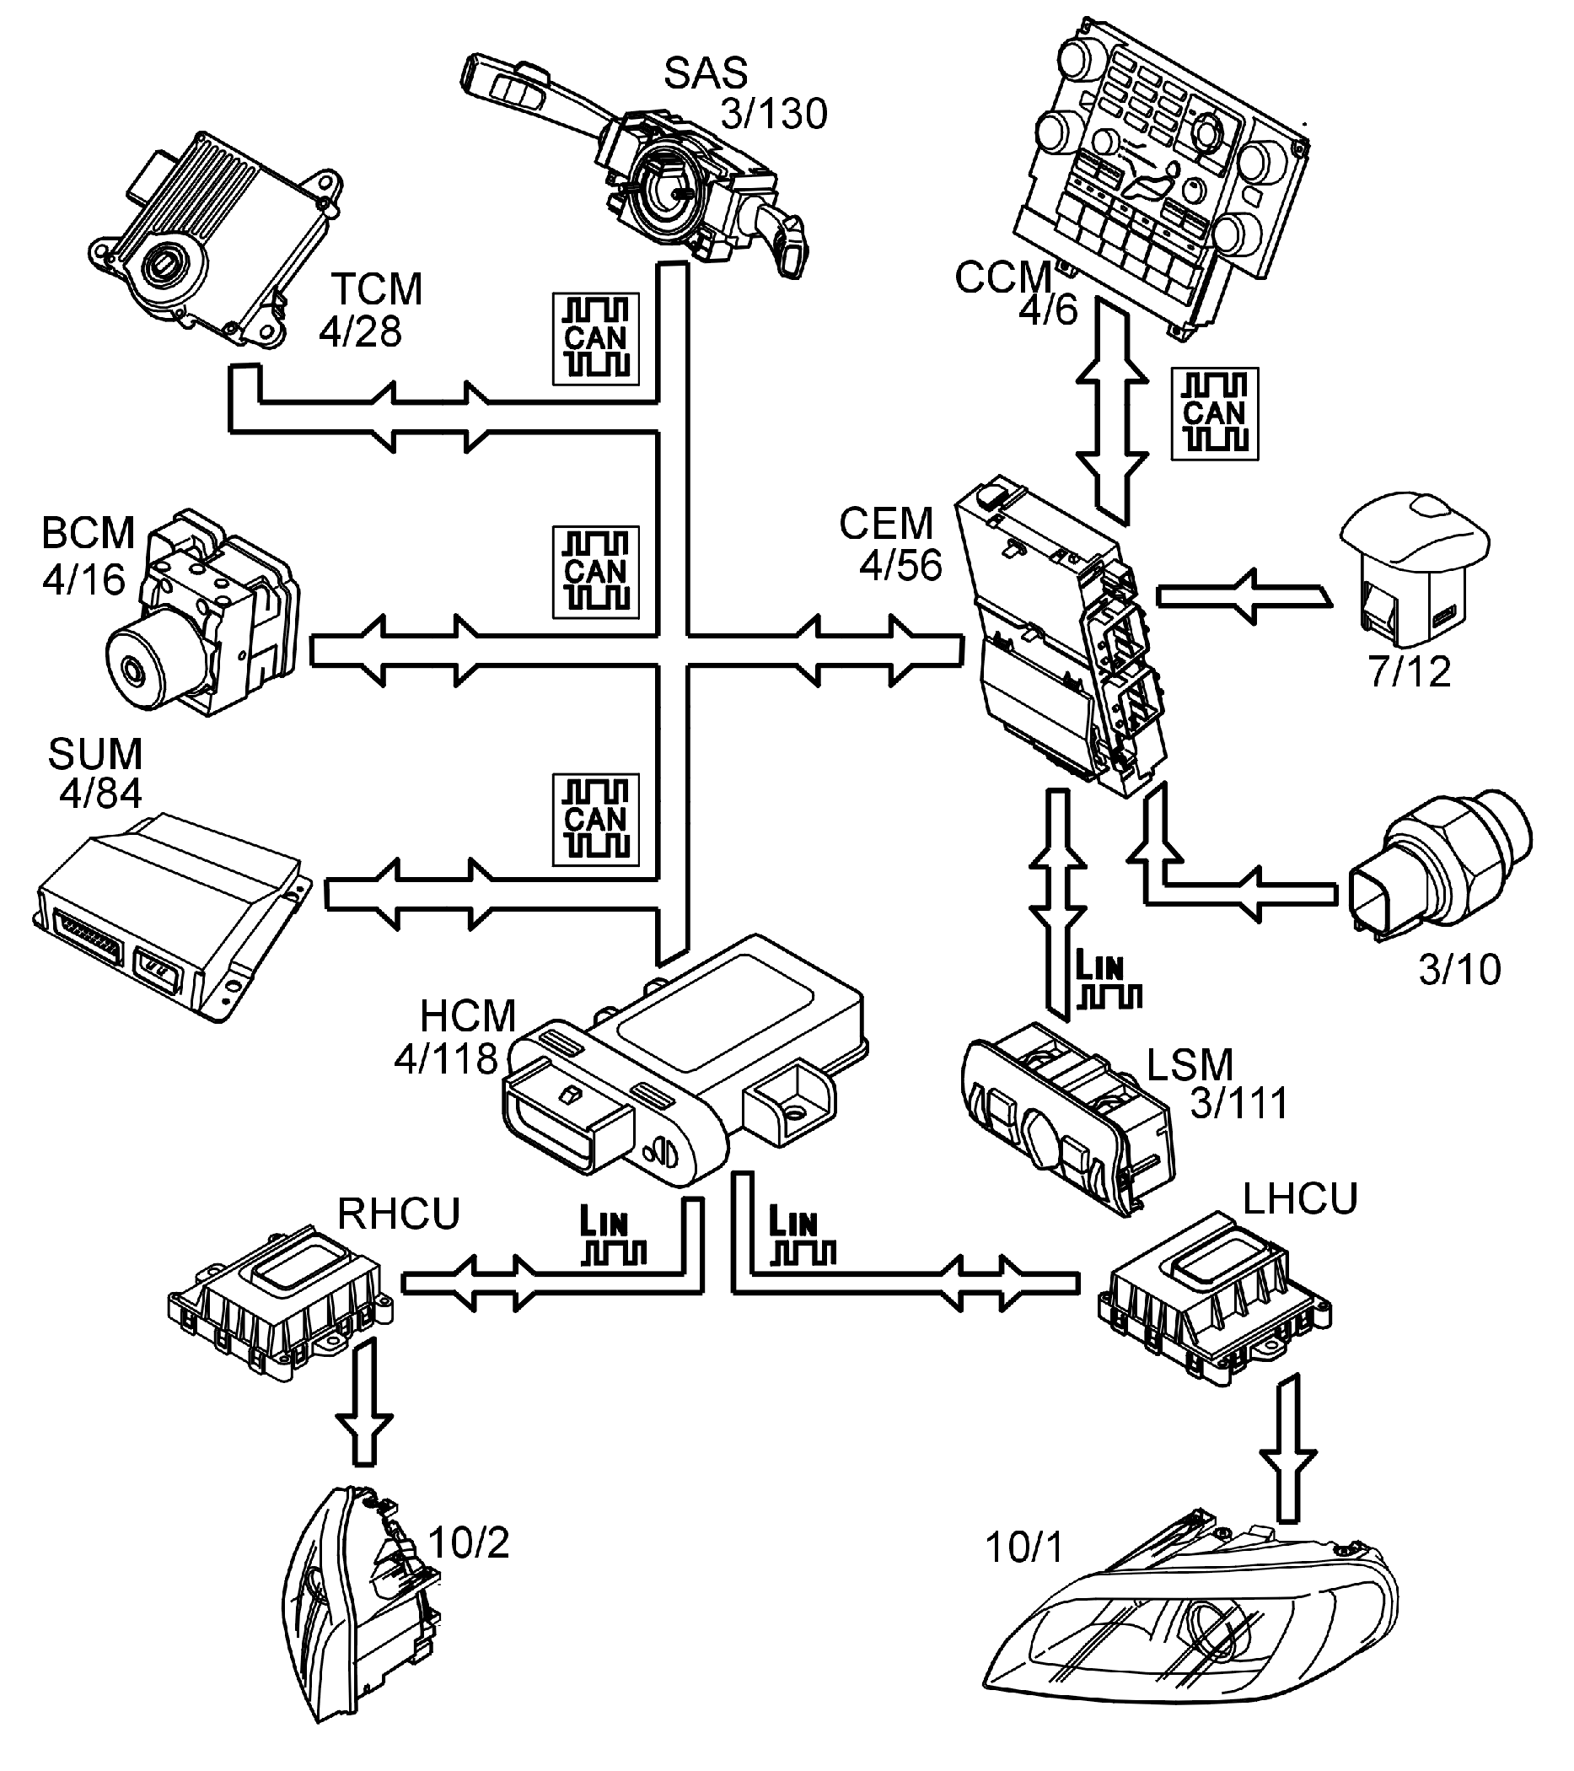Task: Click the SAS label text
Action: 705,73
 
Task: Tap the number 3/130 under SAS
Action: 774,115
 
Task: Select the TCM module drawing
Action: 212,239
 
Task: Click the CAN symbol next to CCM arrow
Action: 1214,413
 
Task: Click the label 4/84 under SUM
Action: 99,793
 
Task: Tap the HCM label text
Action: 468,1016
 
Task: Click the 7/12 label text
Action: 1410,671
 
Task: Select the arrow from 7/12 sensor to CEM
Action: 1243,596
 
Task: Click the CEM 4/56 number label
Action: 900,565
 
